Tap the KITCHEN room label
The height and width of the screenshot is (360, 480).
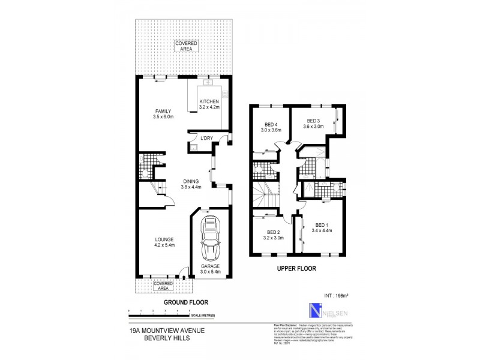click(x=209, y=106)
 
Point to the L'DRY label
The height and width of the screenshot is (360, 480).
click(x=206, y=139)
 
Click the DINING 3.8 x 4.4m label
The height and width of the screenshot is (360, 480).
click(x=191, y=184)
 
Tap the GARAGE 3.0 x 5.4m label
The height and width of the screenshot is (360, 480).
click(x=210, y=269)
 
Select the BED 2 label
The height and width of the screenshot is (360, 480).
click(x=273, y=235)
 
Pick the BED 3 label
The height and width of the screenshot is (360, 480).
click(x=314, y=124)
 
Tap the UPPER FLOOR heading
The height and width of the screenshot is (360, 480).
click(x=296, y=268)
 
